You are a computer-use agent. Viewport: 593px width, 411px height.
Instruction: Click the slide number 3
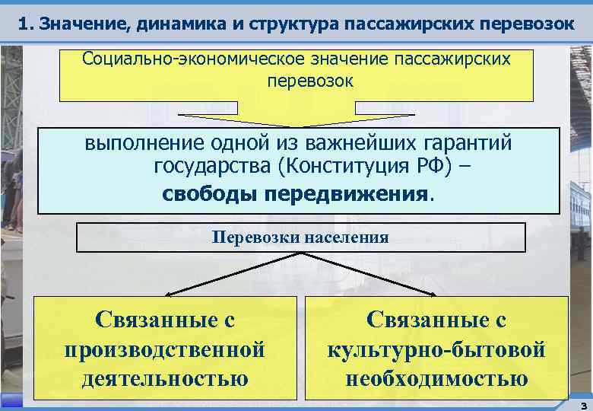(582, 405)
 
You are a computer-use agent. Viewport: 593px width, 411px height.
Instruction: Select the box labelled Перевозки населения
(300, 237)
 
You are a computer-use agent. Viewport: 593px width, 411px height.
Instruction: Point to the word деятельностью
(165, 378)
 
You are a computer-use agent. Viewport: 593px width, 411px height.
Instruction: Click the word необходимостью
(436, 378)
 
